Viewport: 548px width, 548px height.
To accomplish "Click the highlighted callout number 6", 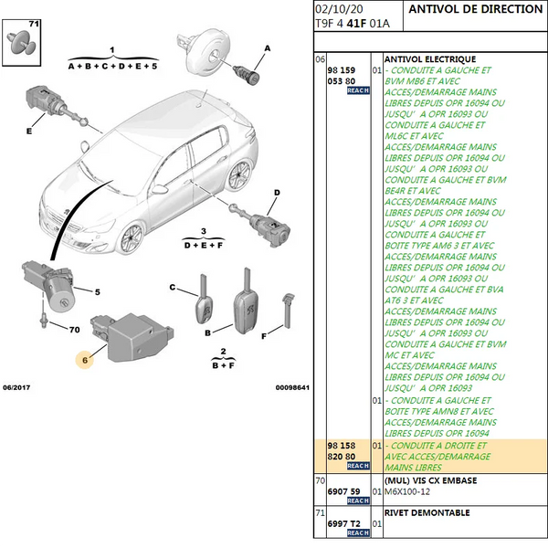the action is coord(85,360).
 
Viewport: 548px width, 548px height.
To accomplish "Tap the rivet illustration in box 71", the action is coord(22,43).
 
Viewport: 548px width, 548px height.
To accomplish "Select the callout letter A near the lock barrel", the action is coord(268,48).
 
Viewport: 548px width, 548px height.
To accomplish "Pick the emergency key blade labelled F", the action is coord(288,311).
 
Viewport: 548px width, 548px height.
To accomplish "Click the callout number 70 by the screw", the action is coord(75,330).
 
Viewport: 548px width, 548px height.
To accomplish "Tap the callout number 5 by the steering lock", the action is coord(98,292).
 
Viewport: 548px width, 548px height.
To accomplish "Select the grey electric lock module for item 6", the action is coord(132,337).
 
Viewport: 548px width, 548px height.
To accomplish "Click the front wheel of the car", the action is coord(132,238).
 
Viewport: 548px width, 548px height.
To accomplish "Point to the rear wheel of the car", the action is coord(239,174).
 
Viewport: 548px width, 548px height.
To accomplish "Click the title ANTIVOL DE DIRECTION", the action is coord(475,9).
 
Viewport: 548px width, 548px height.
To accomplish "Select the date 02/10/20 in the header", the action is coord(339,9).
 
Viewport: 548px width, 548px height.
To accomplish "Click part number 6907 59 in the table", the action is coord(343,491).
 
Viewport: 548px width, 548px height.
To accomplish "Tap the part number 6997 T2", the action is coord(343,523).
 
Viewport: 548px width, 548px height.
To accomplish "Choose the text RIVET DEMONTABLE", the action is coord(427,512).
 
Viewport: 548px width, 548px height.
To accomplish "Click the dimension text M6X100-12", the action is coord(407,491).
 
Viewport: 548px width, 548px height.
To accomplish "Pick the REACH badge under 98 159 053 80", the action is coord(358,90).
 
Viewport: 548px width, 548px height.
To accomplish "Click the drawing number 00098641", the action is coord(292,387).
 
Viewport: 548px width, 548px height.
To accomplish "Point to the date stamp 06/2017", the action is coord(16,387).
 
